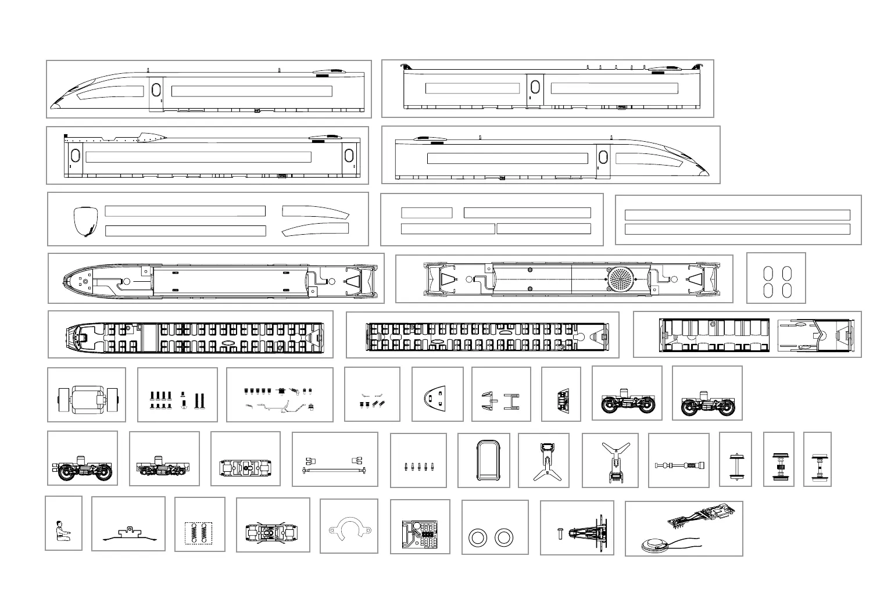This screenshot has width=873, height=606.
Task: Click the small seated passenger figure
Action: click(60, 530)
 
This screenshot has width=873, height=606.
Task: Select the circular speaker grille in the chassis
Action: click(621, 279)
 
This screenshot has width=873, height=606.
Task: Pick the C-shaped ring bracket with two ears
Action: click(349, 529)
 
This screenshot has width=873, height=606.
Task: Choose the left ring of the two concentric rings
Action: click(477, 537)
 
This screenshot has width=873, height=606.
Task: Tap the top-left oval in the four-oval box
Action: click(768, 273)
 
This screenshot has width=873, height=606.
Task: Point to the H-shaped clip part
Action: click(511, 401)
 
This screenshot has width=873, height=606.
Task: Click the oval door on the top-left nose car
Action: click(156, 90)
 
